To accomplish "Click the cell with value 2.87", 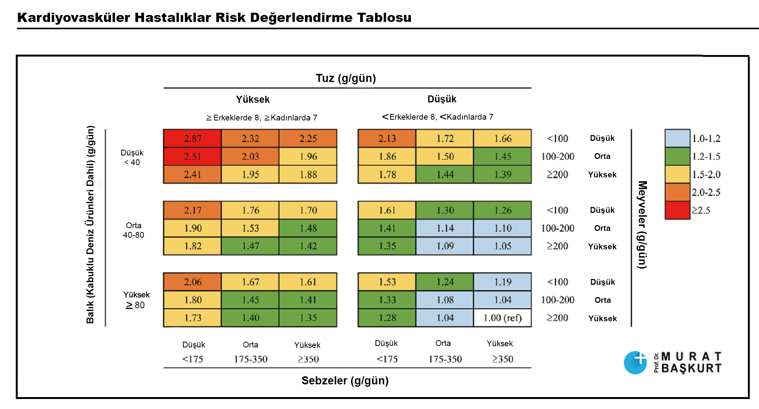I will pos(192,139).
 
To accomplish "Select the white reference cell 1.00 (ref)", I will pos(503,318).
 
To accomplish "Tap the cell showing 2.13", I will pos(387,139).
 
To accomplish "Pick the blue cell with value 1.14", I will pos(445,228).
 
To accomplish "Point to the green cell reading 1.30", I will pos(445,210).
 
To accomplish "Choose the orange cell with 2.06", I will pos(192,282).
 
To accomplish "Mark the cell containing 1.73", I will pos(192,318).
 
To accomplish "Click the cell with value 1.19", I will pos(503,282).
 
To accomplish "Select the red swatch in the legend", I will pos(677,210).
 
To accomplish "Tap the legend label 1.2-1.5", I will pos(706,157).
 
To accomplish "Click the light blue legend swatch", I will pos(677,139).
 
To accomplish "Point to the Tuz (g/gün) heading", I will pos(346,78).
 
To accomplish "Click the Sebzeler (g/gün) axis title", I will pos(345,381).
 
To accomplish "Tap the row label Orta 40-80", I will pos(134,230).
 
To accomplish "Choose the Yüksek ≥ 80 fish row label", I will pos(136,300).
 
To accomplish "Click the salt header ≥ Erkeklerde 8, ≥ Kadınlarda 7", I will pos(261,118).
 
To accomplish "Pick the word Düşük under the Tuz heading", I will pos(442,99).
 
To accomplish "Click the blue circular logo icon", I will pos(635,362).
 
